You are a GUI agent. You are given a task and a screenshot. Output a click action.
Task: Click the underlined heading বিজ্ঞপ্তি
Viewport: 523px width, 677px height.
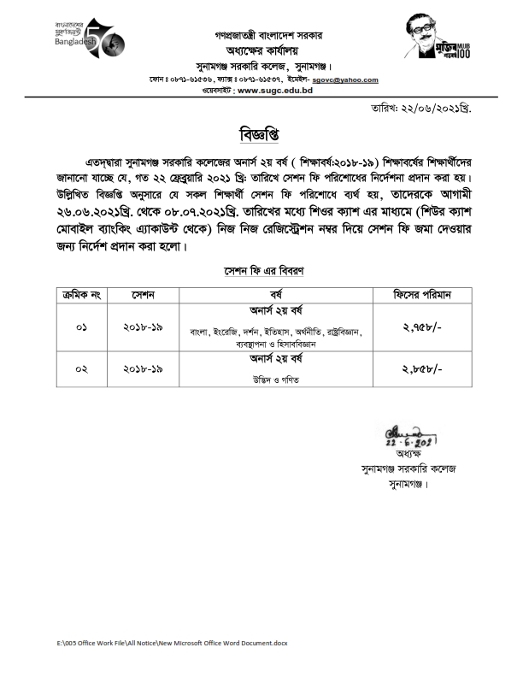tap(261, 136)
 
